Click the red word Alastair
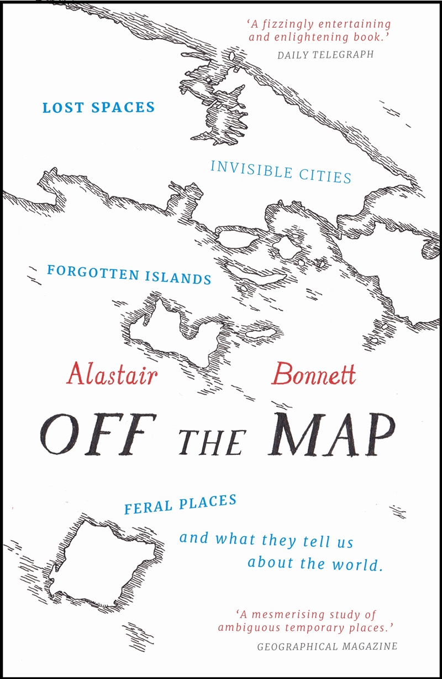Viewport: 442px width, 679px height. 112,375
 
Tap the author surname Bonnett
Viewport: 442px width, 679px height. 313,375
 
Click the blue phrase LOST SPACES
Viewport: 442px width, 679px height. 98,107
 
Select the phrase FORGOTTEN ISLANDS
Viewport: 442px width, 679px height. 129,274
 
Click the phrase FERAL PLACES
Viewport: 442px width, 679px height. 180,504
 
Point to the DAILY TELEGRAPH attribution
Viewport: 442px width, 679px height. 325,54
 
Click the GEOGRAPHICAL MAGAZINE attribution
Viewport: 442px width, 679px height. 327,646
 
